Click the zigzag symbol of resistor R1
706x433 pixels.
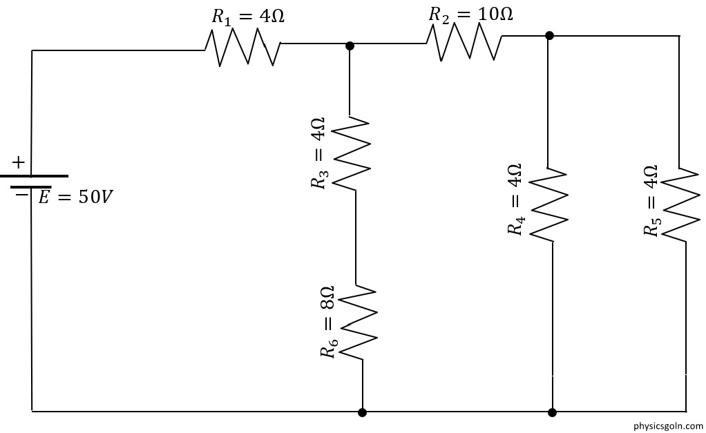pos(243,47)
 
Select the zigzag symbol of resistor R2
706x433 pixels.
pos(464,41)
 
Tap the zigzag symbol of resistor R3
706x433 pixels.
pos(352,153)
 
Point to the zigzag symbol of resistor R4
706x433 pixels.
pos(548,205)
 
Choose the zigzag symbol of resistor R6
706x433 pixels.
pos(358,323)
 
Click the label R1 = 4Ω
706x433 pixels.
pos(248,17)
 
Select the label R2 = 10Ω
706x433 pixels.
pos(470,14)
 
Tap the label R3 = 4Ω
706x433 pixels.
pos(318,153)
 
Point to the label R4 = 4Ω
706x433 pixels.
pos(515,200)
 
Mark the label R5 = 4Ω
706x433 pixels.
pos(651,200)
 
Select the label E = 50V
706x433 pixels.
pos(75,197)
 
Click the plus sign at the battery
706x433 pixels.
pos(18,162)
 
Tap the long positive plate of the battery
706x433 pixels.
pos(35,176)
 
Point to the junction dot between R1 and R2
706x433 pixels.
pos(350,46)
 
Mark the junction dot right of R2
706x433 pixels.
pos(549,35)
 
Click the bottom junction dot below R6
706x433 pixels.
pos(362,412)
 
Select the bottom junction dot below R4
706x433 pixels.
pos(553,412)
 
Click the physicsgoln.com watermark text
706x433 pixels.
pos(668,425)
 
